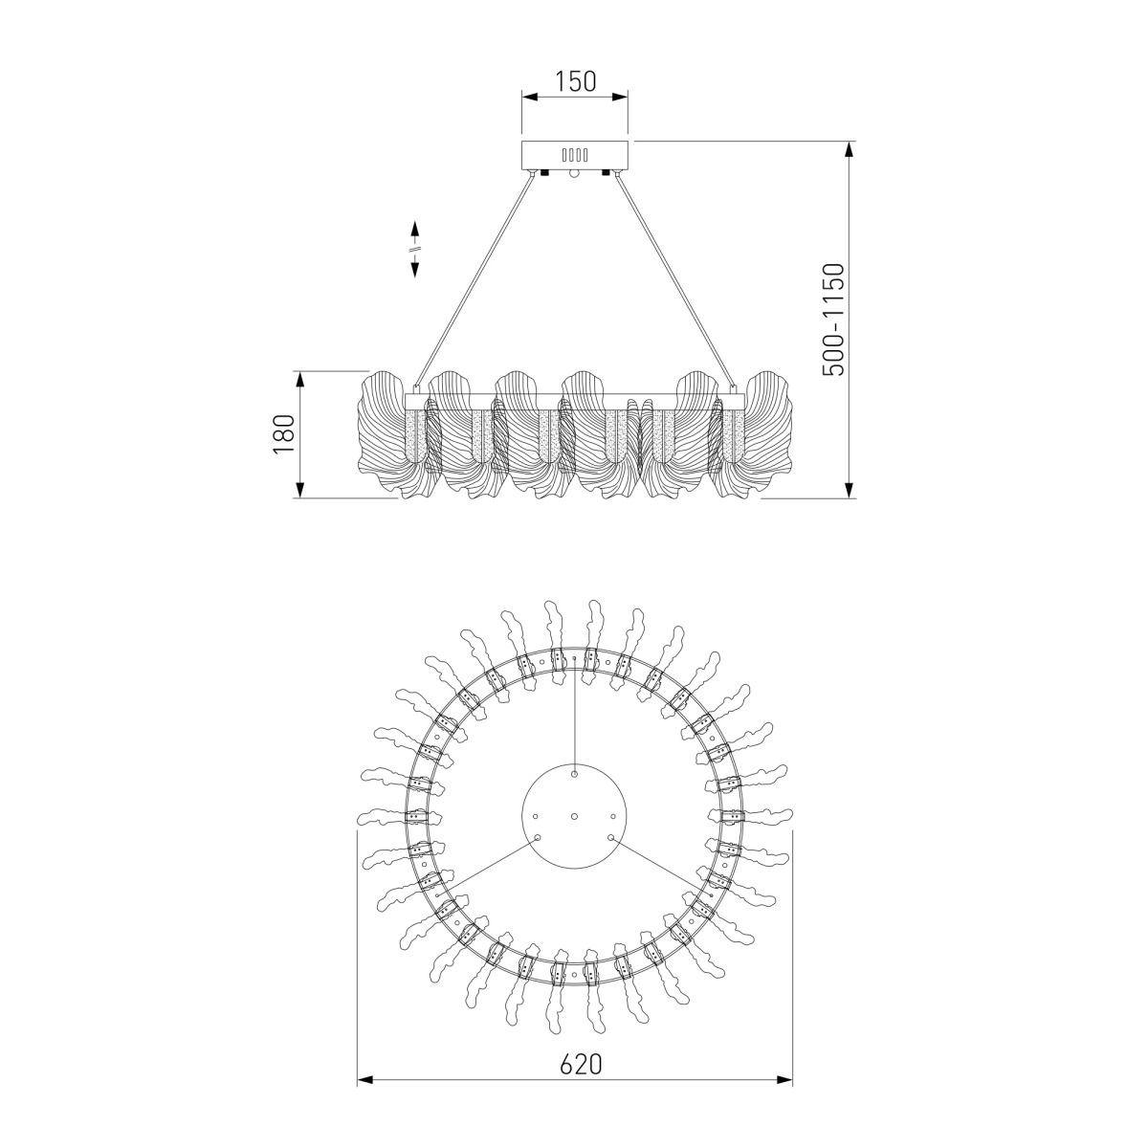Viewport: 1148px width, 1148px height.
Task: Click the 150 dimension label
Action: [x=575, y=81]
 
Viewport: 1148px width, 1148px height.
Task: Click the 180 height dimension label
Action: [x=284, y=433]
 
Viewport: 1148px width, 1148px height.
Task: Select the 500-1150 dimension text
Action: [x=833, y=320]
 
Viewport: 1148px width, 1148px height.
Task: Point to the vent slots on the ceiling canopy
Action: [x=575, y=155]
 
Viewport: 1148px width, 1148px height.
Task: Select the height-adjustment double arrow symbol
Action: [x=414, y=249]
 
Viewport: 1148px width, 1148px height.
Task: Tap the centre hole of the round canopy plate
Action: [x=574, y=816]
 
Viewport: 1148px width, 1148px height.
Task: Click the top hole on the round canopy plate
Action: [x=574, y=775]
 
